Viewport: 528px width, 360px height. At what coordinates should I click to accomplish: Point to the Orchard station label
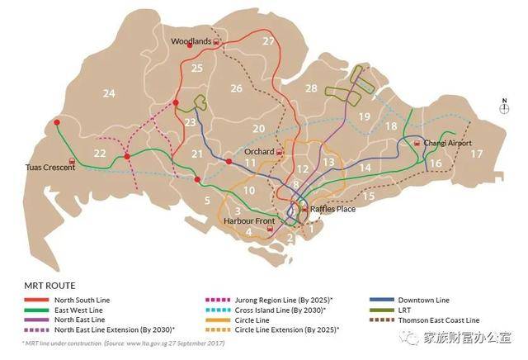coord(259,152)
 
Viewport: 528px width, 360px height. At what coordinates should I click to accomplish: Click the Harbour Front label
coord(250,221)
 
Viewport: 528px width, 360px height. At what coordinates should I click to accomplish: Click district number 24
coord(109,94)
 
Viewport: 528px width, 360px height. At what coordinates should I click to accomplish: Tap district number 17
coord(476,154)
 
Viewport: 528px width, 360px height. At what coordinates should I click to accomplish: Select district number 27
coord(268,41)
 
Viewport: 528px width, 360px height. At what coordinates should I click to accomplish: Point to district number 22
coord(100,153)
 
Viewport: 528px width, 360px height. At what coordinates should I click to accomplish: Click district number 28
coord(311,88)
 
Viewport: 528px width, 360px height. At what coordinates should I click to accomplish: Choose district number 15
coord(369,197)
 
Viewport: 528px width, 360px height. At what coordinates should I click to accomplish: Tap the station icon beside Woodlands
coord(216,40)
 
